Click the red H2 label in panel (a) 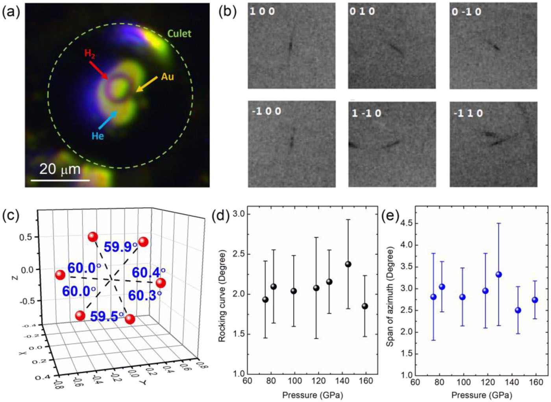point(90,54)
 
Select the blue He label point(98,136)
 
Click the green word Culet point(179,34)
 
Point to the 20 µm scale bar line point(60,181)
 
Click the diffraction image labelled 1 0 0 point(291,46)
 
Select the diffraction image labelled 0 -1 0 point(493,46)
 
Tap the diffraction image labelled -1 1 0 point(493,144)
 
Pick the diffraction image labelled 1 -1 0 point(392,144)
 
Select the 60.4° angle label point(148,272)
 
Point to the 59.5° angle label point(107,316)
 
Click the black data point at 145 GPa point(348,264)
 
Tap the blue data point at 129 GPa point(499,275)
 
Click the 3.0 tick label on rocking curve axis point(239,214)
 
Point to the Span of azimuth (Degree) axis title point(390,297)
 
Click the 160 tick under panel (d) point(366,381)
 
